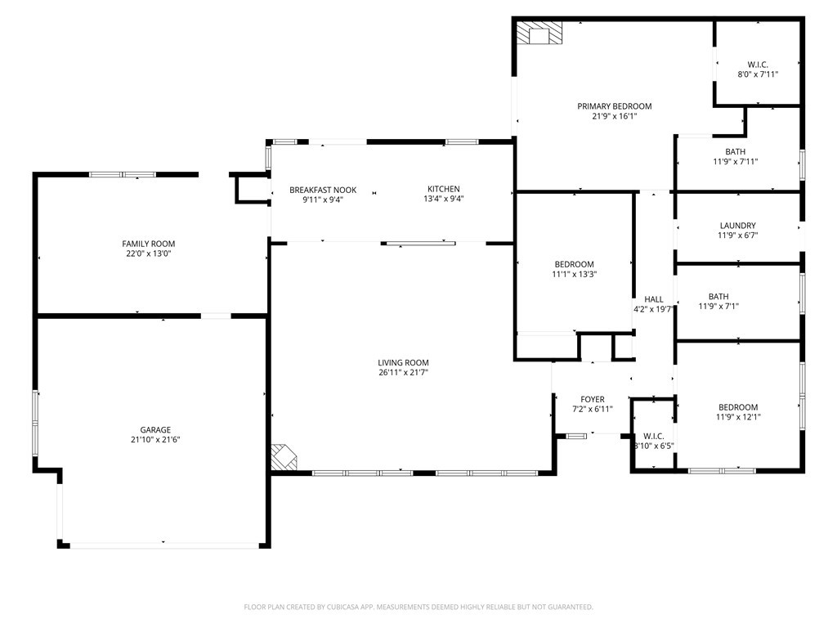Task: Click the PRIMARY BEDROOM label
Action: (614, 106)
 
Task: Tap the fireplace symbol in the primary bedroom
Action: (539, 34)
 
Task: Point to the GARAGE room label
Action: (154, 429)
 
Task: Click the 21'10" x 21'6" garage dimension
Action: (154, 440)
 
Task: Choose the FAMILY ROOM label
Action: (148, 244)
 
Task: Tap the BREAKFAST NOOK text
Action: (322, 190)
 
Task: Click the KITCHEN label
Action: (443, 189)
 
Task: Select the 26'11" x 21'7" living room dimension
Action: (403, 373)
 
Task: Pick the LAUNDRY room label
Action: (737, 226)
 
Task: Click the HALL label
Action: (653, 299)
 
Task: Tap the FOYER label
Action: (593, 399)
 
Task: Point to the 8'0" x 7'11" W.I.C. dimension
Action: (757, 74)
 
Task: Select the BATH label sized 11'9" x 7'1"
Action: (718, 297)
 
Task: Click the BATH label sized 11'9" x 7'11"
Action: (735, 151)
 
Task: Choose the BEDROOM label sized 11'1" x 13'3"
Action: (574, 264)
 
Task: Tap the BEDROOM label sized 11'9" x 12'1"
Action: (737, 407)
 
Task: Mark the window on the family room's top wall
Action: (123, 174)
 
